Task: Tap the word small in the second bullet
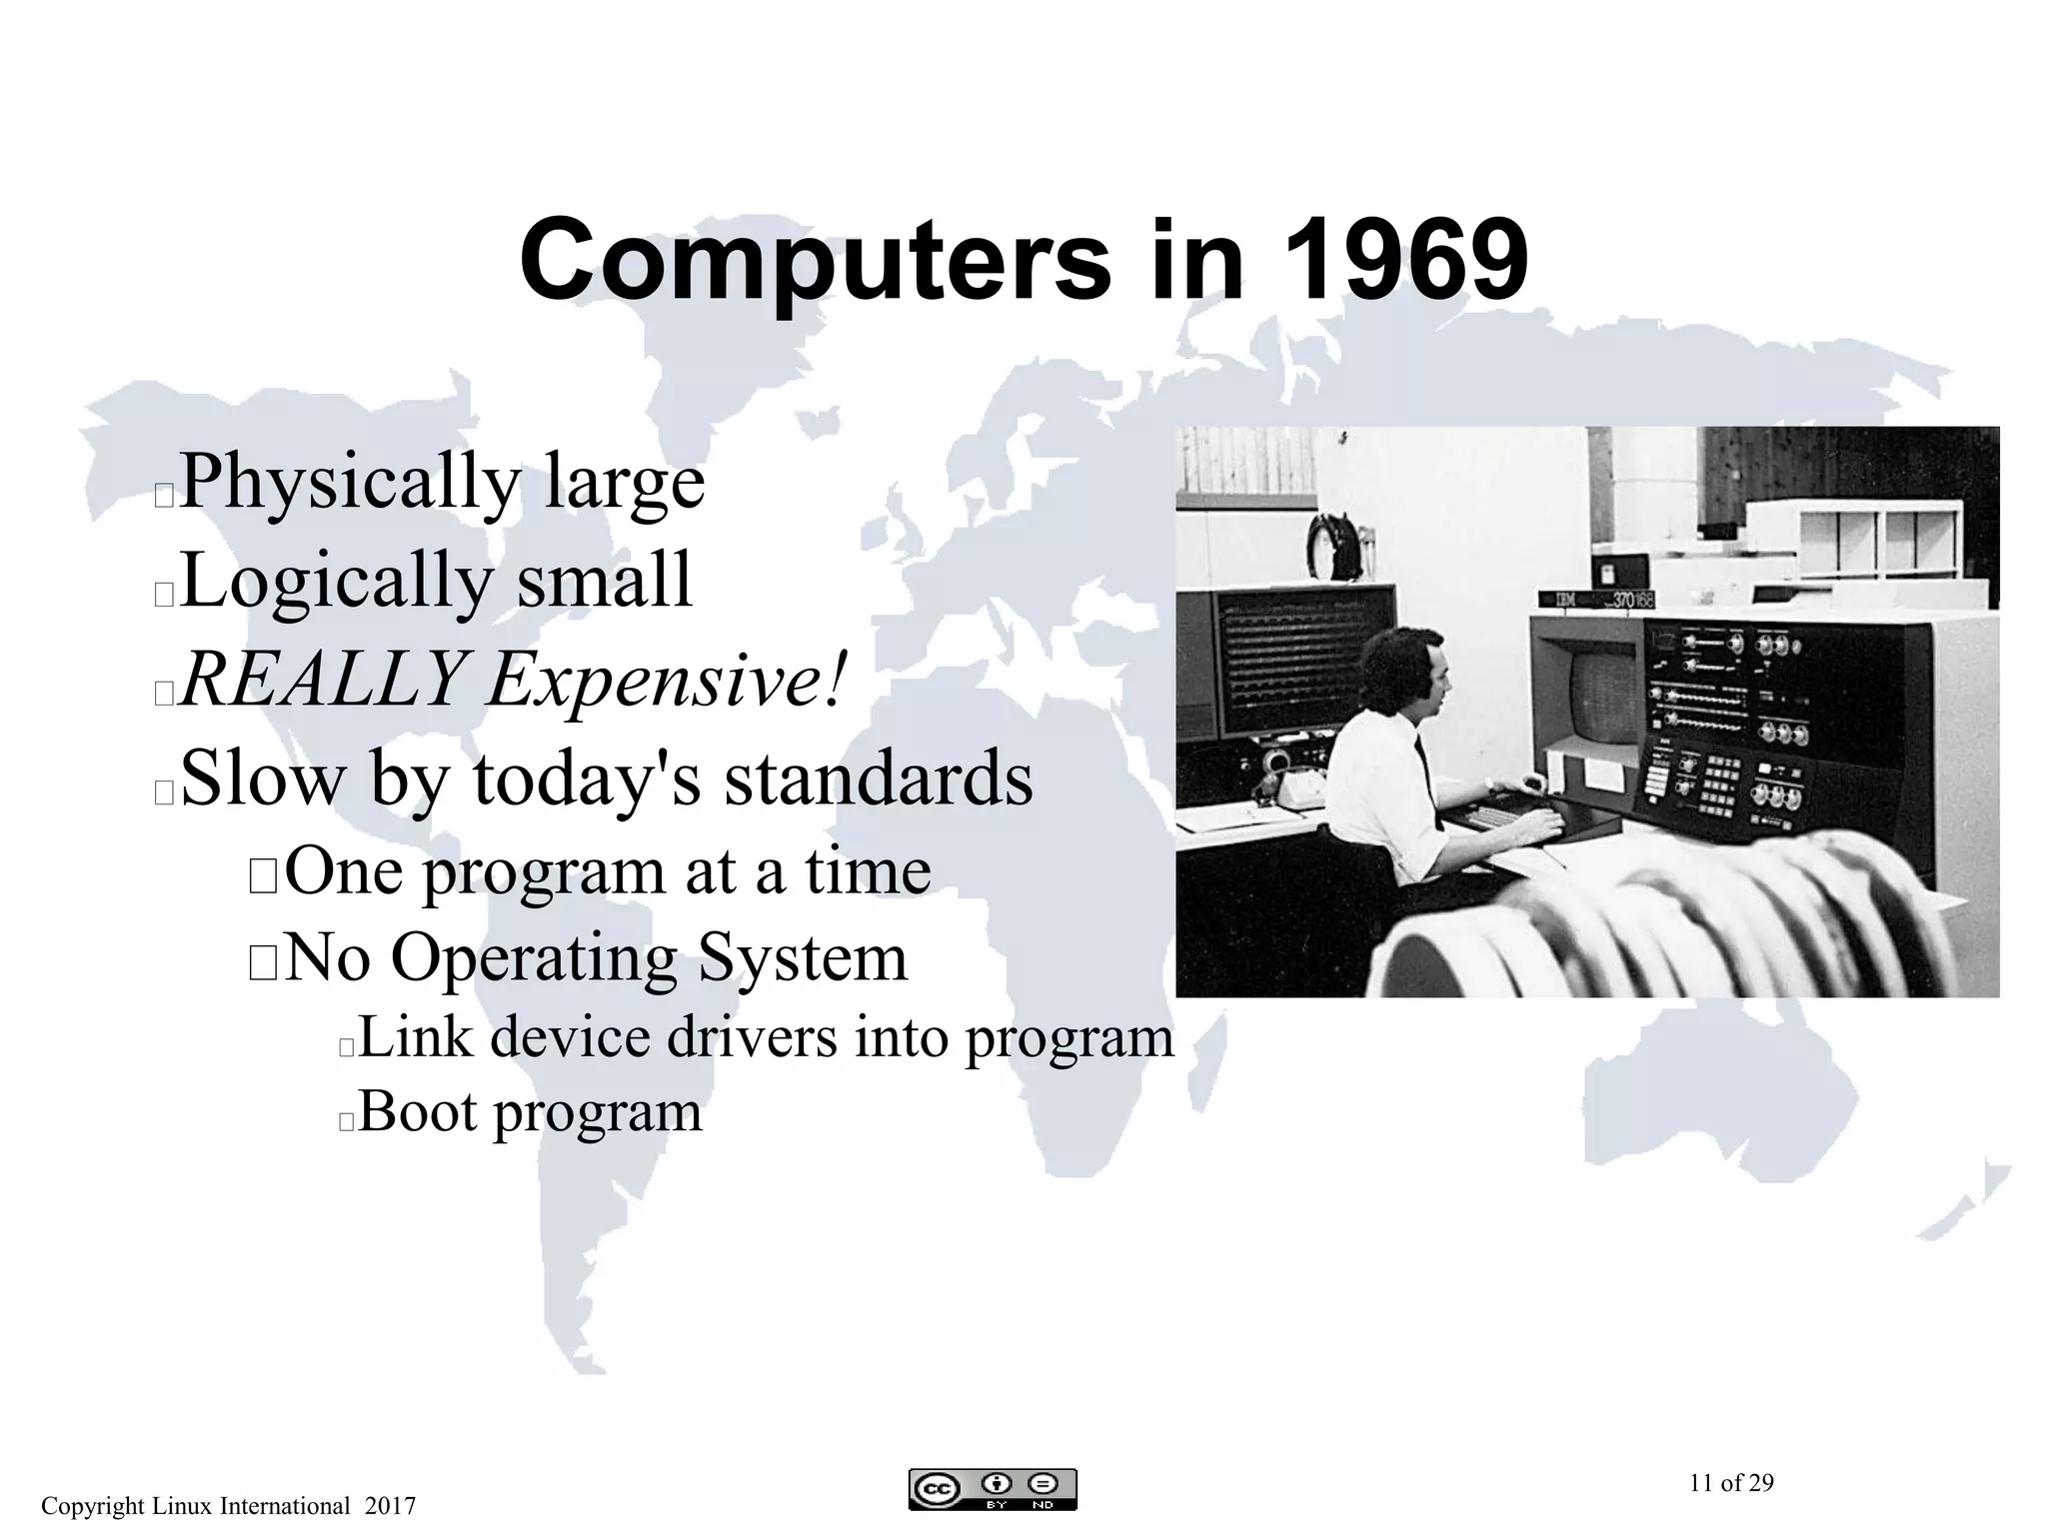pyautogui.click(x=604, y=582)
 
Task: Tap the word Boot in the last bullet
pyautogui.click(x=418, y=1111)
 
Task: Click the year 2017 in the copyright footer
pyautogui.click(x=391, y=1506)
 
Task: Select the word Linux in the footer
pyautogui.click(x=180, y=1506)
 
